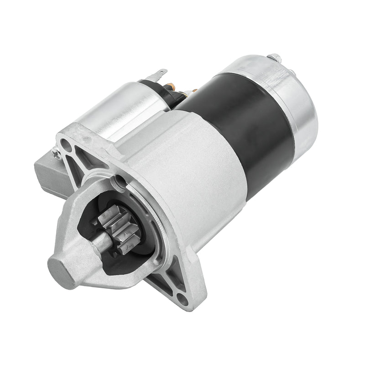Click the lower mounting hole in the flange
(x=182, y=299)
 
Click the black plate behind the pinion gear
(x=137, y=255)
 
